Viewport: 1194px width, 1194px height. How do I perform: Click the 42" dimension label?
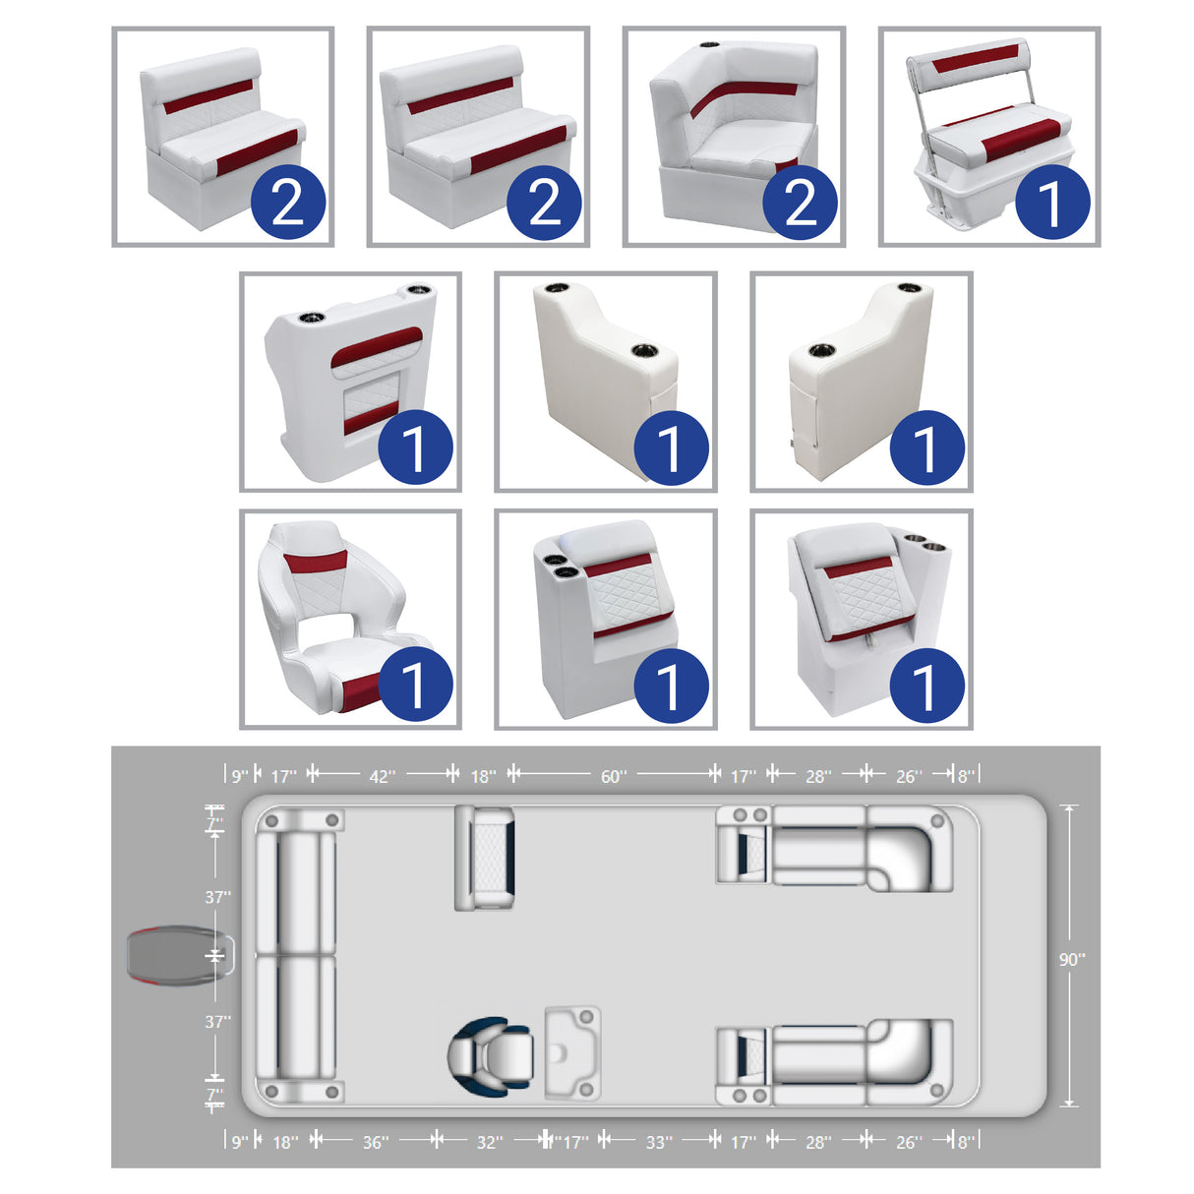click(382, 776)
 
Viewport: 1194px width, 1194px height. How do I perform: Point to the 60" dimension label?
click(613, 776)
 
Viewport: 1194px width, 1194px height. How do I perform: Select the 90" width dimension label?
click(1071, 959)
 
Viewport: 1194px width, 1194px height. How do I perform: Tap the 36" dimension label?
click(375, 1142)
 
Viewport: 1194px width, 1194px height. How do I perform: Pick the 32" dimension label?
click(489, 1142)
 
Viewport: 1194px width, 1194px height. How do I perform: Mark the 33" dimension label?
click(659, 1142)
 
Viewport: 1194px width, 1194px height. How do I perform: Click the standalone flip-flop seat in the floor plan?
click(485, 857)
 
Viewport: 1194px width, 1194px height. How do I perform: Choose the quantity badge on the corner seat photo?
click(801, 203)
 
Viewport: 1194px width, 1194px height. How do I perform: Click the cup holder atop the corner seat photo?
click(710, 46)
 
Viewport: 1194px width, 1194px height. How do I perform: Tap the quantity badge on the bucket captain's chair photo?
click(415, 685)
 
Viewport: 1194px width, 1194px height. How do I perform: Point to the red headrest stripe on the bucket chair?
click(315, 562)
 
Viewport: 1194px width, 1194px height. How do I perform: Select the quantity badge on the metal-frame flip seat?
click(1052, 203)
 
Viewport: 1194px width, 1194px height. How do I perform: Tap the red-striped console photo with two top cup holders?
click(350, 383)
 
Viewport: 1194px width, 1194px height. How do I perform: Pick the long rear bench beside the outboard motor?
click(297, 955)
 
